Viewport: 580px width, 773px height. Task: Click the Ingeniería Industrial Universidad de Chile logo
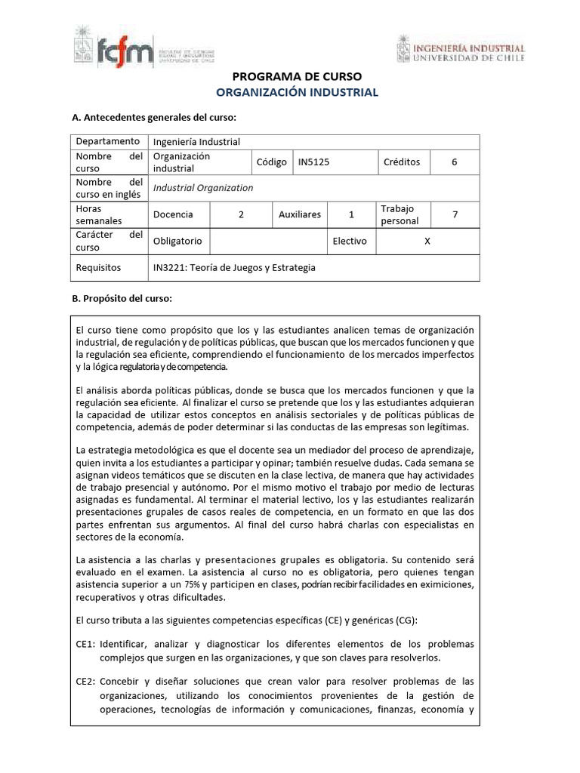tap(460, 50)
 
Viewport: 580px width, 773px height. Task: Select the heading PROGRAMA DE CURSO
tap(296, 76)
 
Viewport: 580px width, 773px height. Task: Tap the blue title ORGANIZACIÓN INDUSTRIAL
tap(296, 93)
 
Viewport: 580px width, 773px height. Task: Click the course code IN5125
tap(314, 162)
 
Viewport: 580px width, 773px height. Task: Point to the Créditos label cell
tap(402, 162)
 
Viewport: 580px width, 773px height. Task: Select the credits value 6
tap(454, 162)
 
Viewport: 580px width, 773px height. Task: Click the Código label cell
tap(271, 162)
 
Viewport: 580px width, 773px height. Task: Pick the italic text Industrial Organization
tap(203, 188)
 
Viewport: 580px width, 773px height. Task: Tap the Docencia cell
tap(173, 214)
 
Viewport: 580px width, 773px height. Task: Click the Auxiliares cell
tap(299, 214)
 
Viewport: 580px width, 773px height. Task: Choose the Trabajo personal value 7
tap(455, 214)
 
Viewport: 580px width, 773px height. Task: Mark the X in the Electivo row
tap(427, 241)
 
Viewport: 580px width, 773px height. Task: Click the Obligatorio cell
tap(177, 241)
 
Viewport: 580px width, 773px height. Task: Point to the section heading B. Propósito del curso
tap(122, 298)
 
